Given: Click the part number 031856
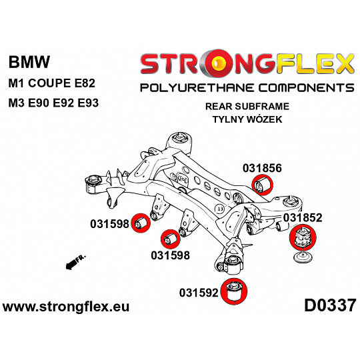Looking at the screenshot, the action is (x=262, y=168).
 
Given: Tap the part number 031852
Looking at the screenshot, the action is (x=303, y=217).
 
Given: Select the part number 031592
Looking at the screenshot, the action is (x=199, y=293).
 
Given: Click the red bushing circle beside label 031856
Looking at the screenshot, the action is (x=263, y=185).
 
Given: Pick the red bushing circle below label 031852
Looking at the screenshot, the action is (x=303, y=237).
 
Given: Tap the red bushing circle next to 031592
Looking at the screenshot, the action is (x=234, y=291).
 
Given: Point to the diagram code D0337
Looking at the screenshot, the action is (x=330, y=306).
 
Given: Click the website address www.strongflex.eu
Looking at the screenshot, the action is (x=66, y=307).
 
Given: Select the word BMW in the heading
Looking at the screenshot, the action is (x=29, y=62).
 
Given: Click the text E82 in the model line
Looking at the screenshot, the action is (x=85, y=83).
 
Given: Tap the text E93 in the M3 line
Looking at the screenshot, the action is (x=88, y=103).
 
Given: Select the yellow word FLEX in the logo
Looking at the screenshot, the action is (x=314, y=63).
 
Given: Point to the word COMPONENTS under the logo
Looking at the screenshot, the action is (x=307, y=88).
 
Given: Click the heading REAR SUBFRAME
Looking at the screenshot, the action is (x=247, y=107).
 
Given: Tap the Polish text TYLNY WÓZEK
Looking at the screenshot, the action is (x=247, y=119).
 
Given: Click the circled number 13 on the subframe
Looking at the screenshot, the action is (x=220, y=209).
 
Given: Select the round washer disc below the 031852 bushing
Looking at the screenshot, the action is (x=303, y=257).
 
